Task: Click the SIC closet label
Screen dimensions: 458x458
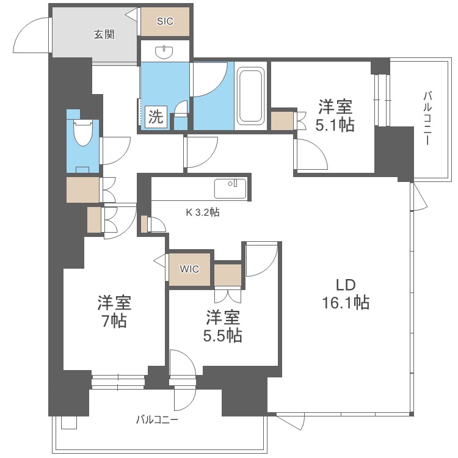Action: [x=165, y=21]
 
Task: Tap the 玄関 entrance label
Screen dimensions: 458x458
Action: [x=104, y=34]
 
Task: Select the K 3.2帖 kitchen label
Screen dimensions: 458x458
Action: [x=203, y=213]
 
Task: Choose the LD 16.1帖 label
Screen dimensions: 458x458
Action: [x=345, y=294]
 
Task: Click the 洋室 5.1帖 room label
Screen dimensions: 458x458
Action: [x=335, y=116]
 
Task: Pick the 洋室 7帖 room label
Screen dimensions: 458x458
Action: [x=114, y=311]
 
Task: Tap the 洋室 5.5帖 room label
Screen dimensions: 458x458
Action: [x=223, y=326]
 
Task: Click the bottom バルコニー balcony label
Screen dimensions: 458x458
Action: [x=157, y=420]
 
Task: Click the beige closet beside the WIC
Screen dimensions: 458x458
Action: [x=228, y=274]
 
